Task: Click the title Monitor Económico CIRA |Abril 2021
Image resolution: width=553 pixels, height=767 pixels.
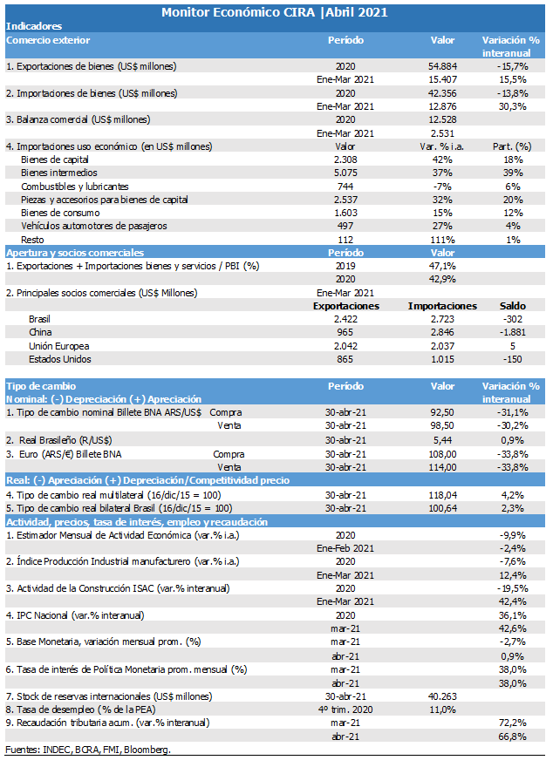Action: coord(275,12)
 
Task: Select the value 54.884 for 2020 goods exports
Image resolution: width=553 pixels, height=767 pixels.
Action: coord(442,66)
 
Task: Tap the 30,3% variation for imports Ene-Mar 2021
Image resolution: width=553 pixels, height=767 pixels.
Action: coord(512,106)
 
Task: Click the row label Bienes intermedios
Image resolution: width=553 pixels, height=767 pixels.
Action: coord(58,173)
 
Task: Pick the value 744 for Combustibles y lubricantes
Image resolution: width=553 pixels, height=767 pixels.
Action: coord(345,187)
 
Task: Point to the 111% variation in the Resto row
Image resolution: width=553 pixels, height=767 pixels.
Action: coord(442,240)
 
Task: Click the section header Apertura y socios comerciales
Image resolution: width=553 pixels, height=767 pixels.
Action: coord(75,253)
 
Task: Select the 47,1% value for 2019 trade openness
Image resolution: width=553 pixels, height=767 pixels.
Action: coord(442,266)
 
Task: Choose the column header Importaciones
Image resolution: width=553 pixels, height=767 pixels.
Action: coord(442,306)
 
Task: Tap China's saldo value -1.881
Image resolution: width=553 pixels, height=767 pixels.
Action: coord(512,333)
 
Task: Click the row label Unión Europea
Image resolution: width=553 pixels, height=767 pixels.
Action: coord(58,346)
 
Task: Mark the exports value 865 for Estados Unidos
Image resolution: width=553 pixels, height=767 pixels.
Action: coord(345,359)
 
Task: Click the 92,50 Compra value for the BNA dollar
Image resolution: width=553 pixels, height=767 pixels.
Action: coord(442,413)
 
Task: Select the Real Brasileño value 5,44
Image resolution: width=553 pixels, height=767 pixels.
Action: coord(442,440)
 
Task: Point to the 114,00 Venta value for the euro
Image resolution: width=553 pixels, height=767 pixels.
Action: coord(442,468)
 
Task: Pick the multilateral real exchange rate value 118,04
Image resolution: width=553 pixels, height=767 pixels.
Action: coord(442,496)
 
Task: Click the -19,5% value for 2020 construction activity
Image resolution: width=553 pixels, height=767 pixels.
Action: coord(512,589)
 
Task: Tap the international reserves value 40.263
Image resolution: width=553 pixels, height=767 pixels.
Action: coord(442,696)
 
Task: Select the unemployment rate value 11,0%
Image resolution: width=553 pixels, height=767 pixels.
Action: coord(442,709)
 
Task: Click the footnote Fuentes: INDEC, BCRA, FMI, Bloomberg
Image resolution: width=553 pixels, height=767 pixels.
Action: coord(88,750)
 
